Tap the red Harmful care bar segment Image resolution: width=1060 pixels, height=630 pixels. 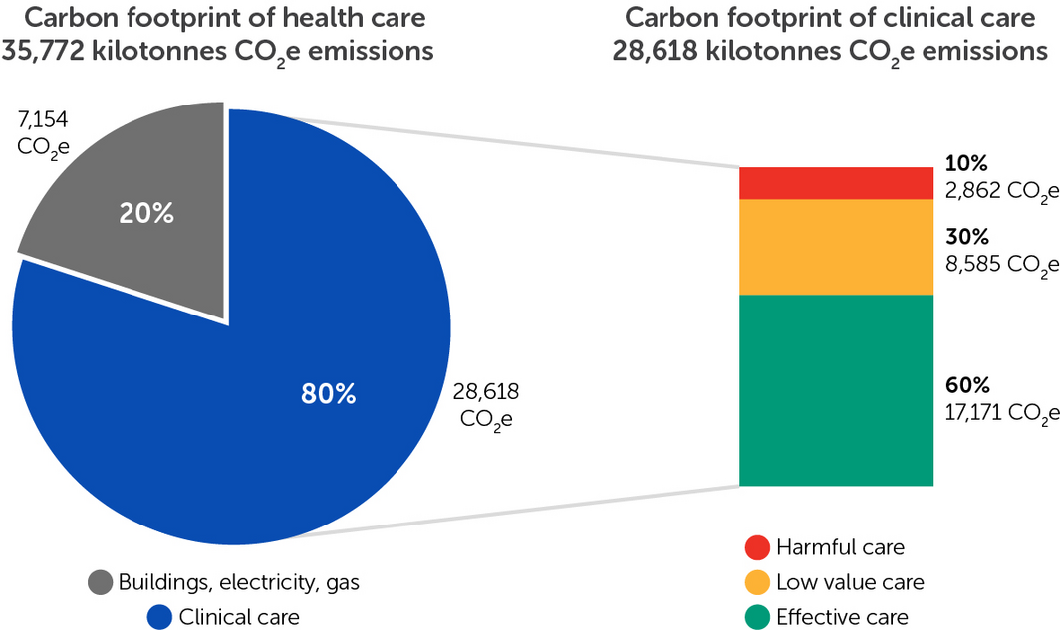(x=836, y=183)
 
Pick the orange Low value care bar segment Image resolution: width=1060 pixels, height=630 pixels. (x=836, y=247)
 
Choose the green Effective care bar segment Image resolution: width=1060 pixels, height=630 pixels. (x=836, y=390)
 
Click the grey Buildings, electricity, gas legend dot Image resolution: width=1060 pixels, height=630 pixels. (x=100, y=582)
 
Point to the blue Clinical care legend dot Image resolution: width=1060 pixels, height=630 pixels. (x=159, y=616)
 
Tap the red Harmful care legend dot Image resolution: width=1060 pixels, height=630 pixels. (x=756, y=547)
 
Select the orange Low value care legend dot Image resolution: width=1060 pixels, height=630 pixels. (x=756, y=582)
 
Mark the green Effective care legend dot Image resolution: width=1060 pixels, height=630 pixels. (x=756, y=616)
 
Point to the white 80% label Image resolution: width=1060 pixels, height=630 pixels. (x=329, y=394)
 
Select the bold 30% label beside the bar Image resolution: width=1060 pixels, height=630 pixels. (x=966, y=238)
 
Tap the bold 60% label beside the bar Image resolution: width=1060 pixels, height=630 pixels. (x=966, y=385)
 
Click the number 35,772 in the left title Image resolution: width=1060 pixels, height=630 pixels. (x=45, y=50)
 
